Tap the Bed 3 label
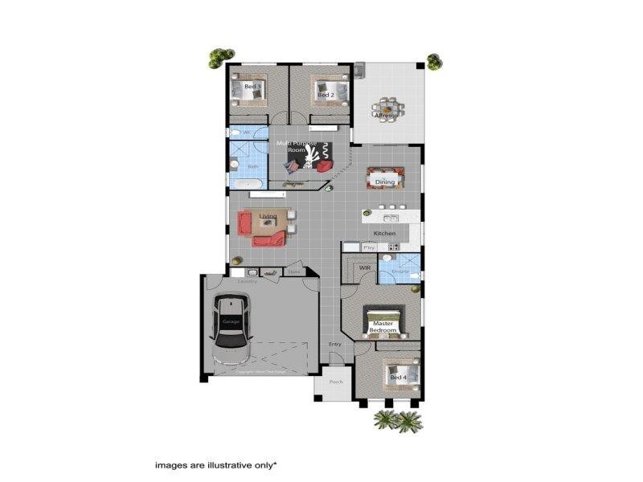[x=252, y=86]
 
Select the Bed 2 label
[x=326, y=95]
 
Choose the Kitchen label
[x=384, y=233]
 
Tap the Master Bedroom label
[x=383, y=327]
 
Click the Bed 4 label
[x=397, y=377]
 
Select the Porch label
[x=336, y=382]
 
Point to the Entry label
[x=335, y=345]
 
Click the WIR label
[x=364, y=268]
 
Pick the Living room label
[x=268, y=216]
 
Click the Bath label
[x=252, y=167]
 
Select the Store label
[x=293, y=272]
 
